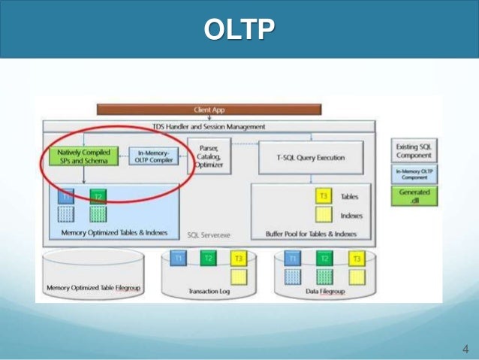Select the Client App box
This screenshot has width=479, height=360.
point(209,110)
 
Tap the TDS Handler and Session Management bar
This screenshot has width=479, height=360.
point(209,127)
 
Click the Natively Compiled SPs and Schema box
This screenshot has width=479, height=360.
point(83,156)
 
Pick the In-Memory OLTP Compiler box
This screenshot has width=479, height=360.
point(152,156)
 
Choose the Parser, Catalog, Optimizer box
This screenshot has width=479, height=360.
point(208,156)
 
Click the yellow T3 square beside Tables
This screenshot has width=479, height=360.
point(323,196)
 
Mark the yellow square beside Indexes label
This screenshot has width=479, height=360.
point(323,216)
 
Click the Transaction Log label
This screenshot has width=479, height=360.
point(207,291)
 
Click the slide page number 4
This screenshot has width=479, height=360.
point(465,349)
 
